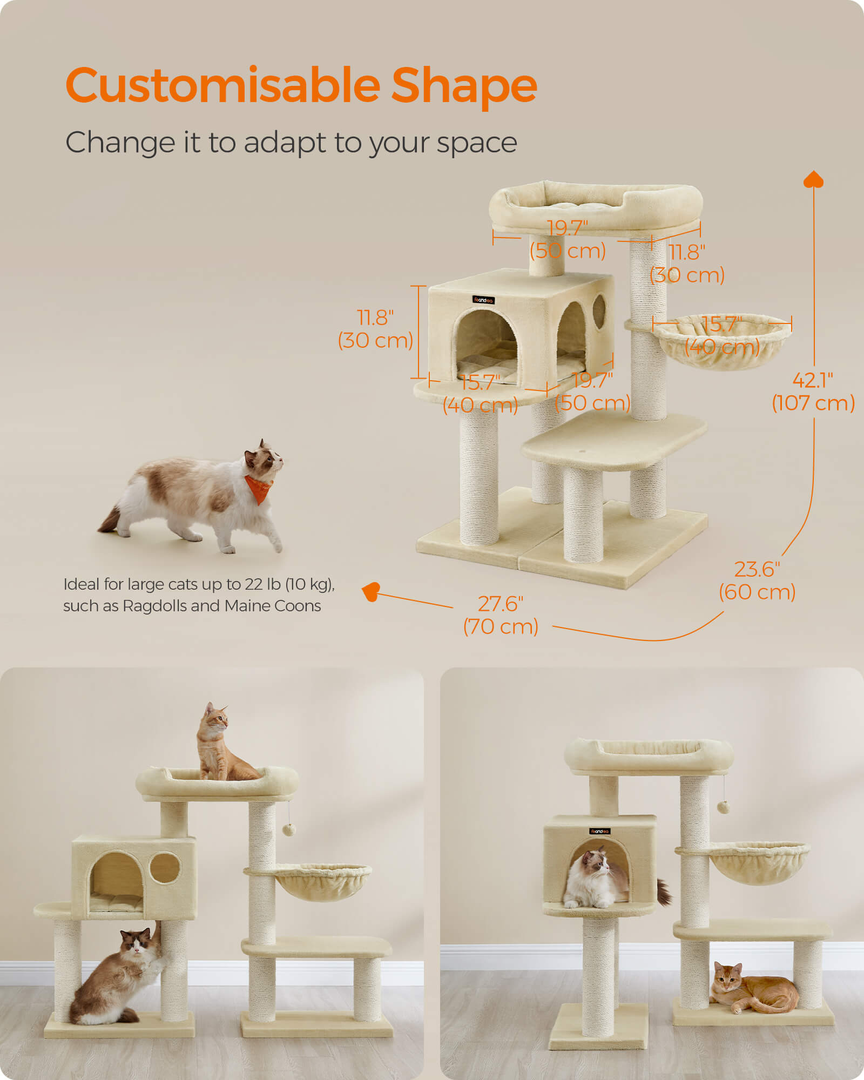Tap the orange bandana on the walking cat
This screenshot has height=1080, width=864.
(259, 488)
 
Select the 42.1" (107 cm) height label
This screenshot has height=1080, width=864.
(813, 391)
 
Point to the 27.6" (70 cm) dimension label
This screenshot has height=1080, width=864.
(501, 615)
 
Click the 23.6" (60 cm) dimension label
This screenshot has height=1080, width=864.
(757, 580)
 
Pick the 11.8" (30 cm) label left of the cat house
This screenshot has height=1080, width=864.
(375, 329)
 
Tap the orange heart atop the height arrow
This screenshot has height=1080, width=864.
(813, 179)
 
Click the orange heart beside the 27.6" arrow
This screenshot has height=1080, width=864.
(372, 591)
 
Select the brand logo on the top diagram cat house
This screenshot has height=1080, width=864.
(483, 300)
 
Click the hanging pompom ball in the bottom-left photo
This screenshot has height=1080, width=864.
(289, 829)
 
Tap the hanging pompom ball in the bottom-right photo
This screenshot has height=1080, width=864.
(723, 807)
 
